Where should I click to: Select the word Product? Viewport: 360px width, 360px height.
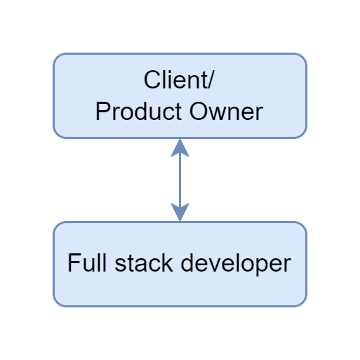(x=139, y=112)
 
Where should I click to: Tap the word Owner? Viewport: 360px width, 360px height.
(x=226, y=112)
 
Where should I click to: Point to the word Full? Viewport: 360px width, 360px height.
(x=87, y=262)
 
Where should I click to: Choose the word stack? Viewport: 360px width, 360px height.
(x=144, y=262)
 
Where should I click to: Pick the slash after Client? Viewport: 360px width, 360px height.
(x=211, y=79)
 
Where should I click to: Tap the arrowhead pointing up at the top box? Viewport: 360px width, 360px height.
(x=180, y=148)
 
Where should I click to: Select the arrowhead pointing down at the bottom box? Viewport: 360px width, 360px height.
(x=180, y=212)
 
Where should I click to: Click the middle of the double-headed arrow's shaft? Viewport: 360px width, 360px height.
(x=180, y=180)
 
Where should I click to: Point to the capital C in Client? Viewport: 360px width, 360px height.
(x=152, y=79)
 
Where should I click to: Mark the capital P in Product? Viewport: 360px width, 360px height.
(x=103, y=112)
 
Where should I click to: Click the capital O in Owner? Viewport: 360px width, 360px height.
(x=199, y=112)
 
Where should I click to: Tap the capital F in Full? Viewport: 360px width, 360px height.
(x=74, y=262)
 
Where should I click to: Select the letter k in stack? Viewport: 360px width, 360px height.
(x=168, y=262)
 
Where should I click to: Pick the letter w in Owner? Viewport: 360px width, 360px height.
(x=218, y=114)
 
